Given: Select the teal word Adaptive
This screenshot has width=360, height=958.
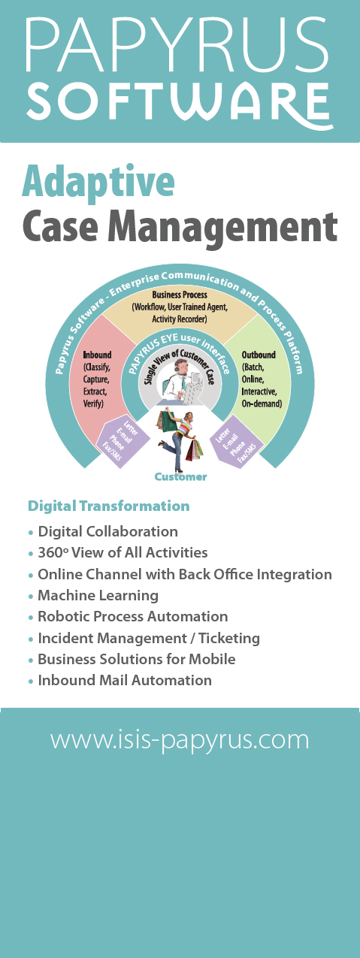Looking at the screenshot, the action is pos(98,182).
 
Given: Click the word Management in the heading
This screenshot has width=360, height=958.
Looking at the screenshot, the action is pos(222,227).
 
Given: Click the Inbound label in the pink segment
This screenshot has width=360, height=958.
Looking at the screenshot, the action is pos(97,355).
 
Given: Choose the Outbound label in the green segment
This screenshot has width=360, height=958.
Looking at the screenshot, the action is pos(259,355).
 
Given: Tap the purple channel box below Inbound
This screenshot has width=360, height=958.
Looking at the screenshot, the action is pos(123,441).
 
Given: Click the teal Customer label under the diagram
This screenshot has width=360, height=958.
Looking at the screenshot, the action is pos(180,477).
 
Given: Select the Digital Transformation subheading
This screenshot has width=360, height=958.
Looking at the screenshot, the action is pos(108,506).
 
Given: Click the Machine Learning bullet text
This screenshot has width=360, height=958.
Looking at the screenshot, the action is pos(98,595).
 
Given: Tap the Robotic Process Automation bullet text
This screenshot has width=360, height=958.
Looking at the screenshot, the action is pos(132,616).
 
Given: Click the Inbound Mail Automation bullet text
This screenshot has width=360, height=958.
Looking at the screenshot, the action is pos(125,680).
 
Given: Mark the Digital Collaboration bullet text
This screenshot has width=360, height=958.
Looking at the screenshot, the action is pos(107,531).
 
